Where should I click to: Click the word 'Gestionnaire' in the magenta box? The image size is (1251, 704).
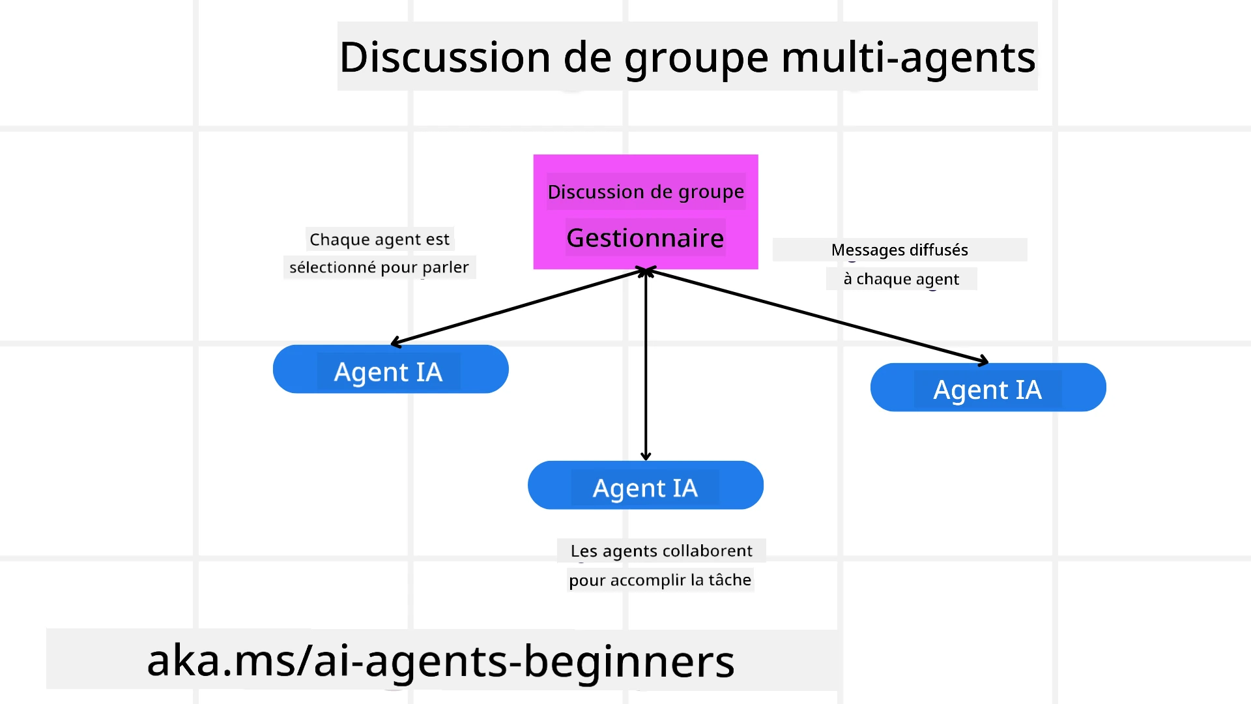tap(645, 238)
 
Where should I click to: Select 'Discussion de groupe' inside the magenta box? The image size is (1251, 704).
tap(645, 192)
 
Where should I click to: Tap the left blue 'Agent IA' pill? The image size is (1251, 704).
tap(390, 370)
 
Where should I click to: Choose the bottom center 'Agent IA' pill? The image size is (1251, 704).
tap(645, 486)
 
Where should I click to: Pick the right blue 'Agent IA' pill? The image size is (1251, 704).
tap(988, 388)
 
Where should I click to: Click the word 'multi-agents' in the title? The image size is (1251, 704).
tap(908, 57)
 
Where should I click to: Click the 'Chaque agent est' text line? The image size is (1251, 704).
tap(379, 239)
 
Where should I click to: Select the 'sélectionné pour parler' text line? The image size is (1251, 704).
tap(379, 267)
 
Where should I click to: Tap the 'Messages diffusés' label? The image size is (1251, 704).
tap(899, 250)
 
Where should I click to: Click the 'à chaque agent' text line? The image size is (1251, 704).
tap(901, 279)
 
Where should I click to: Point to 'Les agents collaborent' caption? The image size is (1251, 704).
tap(661, 551)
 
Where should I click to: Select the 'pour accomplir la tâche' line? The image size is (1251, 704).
tap(660, 579)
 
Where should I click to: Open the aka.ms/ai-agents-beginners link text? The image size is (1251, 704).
tap(440, 660)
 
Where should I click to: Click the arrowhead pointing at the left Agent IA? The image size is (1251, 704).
tap(395, 342)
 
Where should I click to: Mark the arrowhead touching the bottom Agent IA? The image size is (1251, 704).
tap(646, 456)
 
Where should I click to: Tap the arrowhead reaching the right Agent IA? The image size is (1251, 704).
tap(983, 360)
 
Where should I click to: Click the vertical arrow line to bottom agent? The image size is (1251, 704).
tap(646, 365)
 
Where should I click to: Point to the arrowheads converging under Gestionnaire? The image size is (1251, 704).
tap(646, 271)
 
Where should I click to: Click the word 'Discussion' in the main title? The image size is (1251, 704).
tap(446, 57)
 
